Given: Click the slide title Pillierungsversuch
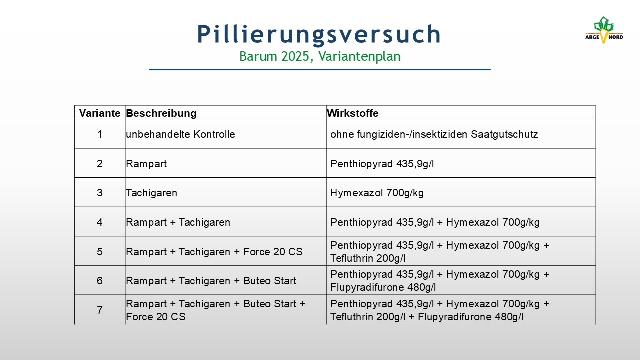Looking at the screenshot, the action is click(319, 34).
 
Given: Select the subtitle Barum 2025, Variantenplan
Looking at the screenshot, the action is click(320, 56).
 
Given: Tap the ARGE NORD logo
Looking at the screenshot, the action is click(604, 30).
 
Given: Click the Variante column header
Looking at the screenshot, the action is click(99, 113).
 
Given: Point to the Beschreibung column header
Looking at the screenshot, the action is click(161, 113).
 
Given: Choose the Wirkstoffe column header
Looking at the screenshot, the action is click(353, 113).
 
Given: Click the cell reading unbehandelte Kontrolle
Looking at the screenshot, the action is click(180, 134).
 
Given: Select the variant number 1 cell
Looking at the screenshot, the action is click(99, 134).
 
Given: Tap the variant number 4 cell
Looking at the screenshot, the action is click(99, 222).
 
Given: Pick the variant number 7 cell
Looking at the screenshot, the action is click(99, 310).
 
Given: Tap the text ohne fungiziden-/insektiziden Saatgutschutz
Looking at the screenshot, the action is click(434, 134).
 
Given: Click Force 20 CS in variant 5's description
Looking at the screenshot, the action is click(273, 252).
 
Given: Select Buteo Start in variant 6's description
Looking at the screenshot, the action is click(269, 281).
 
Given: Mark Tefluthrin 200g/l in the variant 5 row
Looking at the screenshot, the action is click(368, 258).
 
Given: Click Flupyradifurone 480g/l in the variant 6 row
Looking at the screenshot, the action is click(383, 287).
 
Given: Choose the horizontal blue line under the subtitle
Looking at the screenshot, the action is click(320, 69).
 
